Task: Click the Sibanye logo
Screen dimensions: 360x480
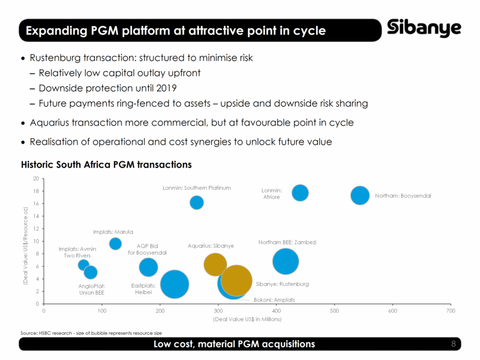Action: pos(424,28)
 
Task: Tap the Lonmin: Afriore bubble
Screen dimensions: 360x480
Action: pos(300,192)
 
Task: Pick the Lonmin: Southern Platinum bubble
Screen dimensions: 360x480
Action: pos(197,202)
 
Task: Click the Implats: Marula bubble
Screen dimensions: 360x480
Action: pos(115,243)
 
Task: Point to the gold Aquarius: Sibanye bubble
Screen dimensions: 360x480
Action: pos(215,264)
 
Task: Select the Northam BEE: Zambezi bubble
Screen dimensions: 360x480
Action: pos(285,261)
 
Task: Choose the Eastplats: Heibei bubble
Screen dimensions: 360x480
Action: pos(174,284)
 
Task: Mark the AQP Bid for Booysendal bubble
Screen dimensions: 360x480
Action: pos(148,266)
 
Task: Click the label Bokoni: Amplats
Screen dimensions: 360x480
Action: pos(275,300)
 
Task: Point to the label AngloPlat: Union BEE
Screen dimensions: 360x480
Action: pos(92,289)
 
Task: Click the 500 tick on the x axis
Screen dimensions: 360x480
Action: pos(334,311)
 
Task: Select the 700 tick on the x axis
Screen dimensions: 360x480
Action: pos(451,311)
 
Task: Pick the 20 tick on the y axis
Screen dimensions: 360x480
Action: pos(36,179)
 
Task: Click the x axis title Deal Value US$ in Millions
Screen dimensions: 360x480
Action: pos(247,319)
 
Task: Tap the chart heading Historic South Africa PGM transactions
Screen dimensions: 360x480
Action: pos(106,165)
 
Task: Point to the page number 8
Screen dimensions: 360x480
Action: pos(453,344)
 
